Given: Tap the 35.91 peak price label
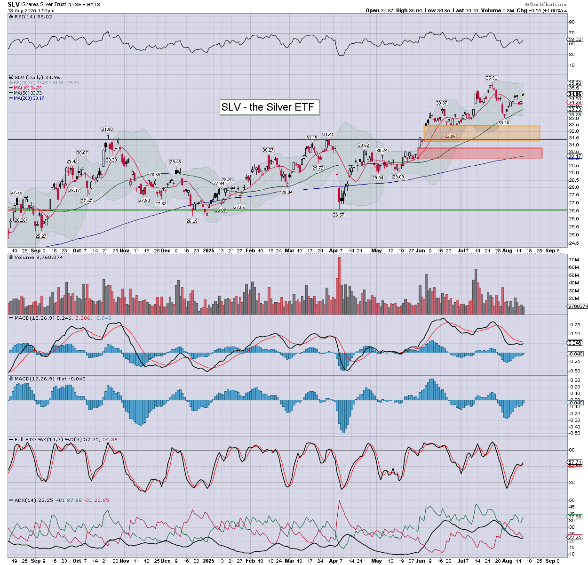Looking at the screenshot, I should (492, 78).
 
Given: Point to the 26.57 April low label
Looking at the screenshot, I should (339, 215).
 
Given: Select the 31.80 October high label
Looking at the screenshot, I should (107, 129).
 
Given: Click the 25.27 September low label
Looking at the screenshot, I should (41, 236).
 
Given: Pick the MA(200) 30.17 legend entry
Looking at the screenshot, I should (29, 98).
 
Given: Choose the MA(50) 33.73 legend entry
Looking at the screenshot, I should (28, 93).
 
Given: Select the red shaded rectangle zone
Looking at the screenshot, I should (480, 153).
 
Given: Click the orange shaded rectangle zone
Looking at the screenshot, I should (482, 133).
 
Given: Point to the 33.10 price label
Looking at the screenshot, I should (504, 123).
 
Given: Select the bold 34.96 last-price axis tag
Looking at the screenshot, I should (575, 95).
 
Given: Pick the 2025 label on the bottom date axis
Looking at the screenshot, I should (208, 561).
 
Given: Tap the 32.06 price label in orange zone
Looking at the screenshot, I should (450, 137).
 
